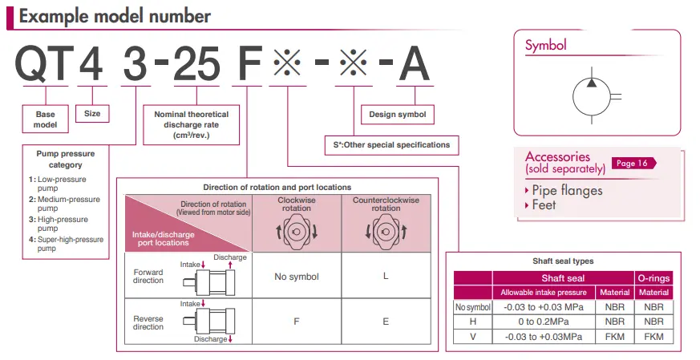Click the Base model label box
pos(45,119)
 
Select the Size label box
pos(92,114)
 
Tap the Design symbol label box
pos(397,115)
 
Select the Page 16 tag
pos(632,163)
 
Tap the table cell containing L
pos(386,277)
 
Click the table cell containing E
pos(386,321)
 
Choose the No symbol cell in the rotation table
pos(297,277)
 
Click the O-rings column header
pos(654,278)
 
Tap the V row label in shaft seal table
pos(472,336)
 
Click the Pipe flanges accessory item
pos(567,190)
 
